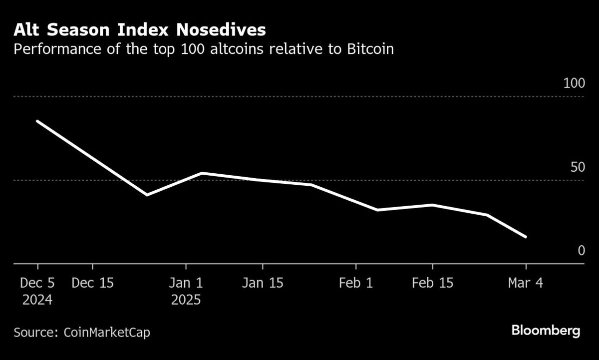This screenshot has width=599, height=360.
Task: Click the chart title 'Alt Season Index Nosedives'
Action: (x=139, y=30)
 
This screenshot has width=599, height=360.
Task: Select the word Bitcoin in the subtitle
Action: (x=370, y=50)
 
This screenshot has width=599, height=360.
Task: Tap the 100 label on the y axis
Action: (x=574, y=83)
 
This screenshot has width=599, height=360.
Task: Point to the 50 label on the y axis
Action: (x=577, y=167)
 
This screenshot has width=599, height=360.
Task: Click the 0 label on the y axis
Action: (x=581, y=250)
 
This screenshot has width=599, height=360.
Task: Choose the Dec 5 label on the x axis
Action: (x=37, y=283)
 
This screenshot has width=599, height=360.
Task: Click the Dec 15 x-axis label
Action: (x=92, y=283)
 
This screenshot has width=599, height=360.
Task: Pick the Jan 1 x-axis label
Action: (x=186, y=283)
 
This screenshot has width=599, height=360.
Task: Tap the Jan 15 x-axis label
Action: (x=262, y=283)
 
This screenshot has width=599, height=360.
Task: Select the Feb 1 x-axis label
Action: (x=355, y=283)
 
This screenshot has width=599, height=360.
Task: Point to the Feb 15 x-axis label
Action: (x=432, y=283)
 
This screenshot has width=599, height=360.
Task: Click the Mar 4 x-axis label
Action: (x=525, y=283)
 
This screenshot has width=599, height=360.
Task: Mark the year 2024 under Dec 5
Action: (x=37, y=300)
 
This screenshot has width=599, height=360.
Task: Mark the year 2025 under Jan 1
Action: (x=186, y=300)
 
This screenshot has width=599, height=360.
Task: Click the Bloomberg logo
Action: (x=546, y=331)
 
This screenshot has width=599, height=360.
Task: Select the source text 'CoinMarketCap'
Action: (x=106, y=332)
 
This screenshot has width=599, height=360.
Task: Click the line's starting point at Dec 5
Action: (x=37, y=121)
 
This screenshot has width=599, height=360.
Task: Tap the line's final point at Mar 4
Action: (x=526, y=237)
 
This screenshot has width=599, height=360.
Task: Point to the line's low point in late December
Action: (x=147, y=195)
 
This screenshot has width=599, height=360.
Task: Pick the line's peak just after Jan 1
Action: (x=201, y=173)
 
